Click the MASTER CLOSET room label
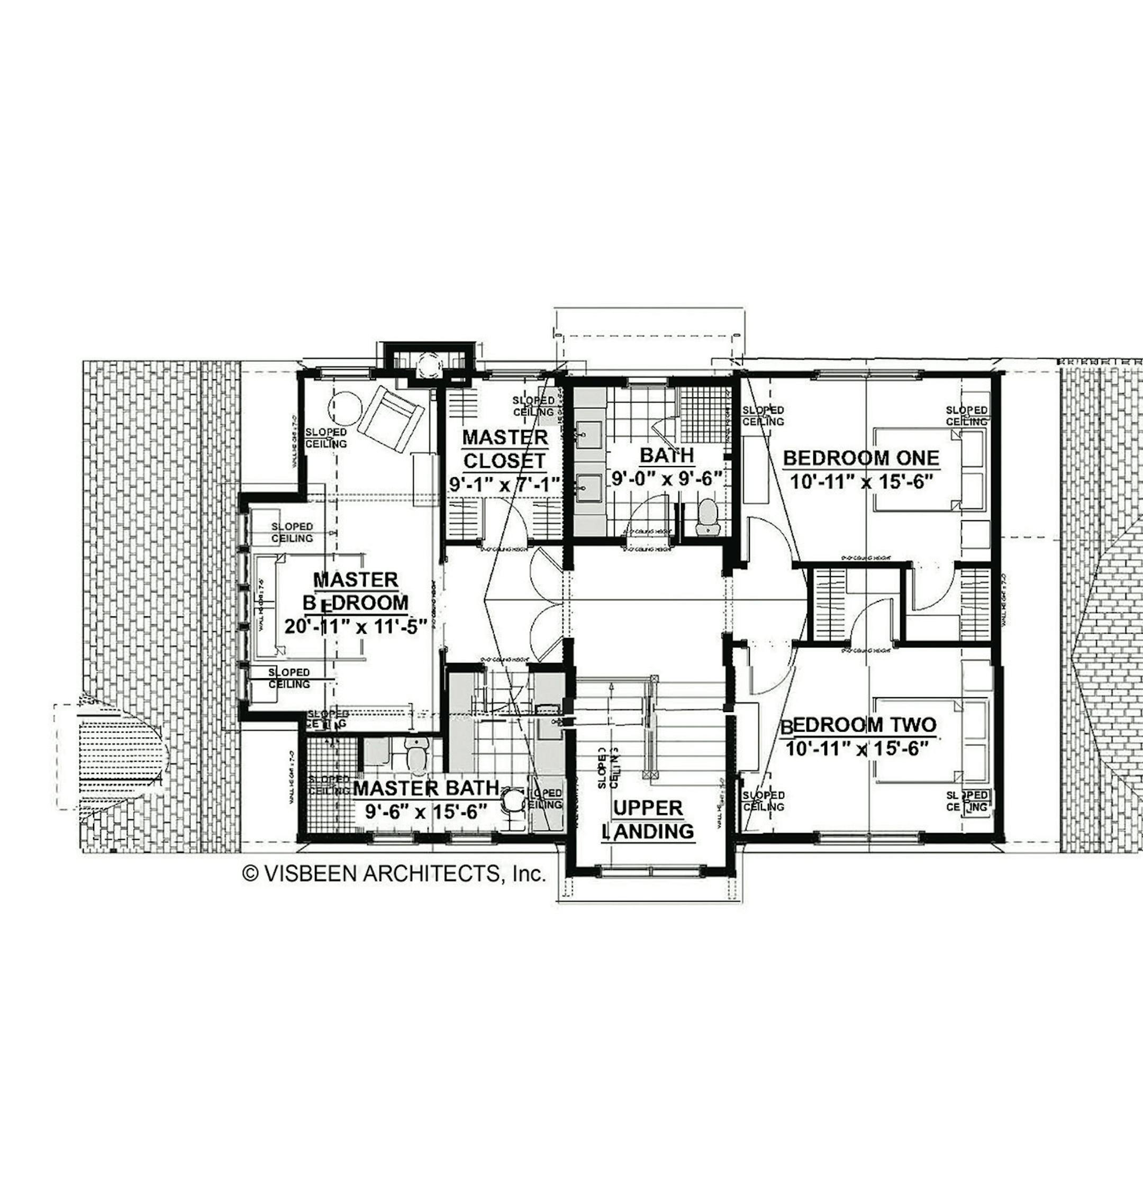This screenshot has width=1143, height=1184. pyautogui.click(x=505, y=449)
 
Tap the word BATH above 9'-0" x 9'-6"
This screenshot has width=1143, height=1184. pyautogui.click(x=666, y=455)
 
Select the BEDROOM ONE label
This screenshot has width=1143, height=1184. pyautogui.click(x=861, y=458)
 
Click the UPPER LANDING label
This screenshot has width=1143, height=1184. pyautogui.click(x=648, y=819)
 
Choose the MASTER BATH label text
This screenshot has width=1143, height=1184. pyautogui.click(x=426, y=788)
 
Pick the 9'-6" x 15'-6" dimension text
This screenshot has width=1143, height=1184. pyautogui.click(x=426, y=811)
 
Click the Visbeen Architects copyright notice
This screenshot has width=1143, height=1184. pyautogui.click(x=394, y=873)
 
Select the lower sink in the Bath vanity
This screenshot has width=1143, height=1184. pyautogui.click(x=588, y=484)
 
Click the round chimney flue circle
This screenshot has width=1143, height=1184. pyautogui.click(x=430, y=365)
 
